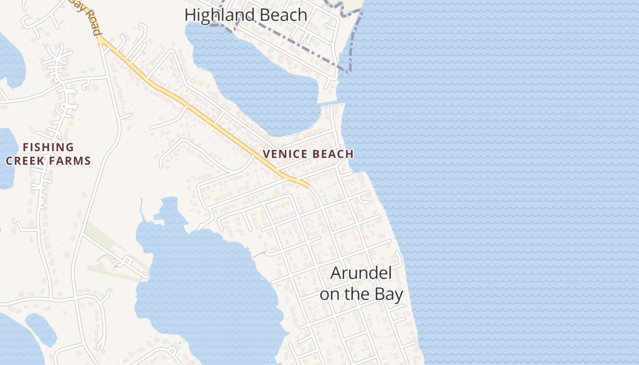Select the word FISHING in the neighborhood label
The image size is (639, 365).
tap(48, 147)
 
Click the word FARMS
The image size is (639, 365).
tap(73, 161)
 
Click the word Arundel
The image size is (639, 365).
tap(361, 273)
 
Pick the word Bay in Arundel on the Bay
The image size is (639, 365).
tap(389, 294)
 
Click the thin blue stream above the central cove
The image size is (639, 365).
tap(141, 208)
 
